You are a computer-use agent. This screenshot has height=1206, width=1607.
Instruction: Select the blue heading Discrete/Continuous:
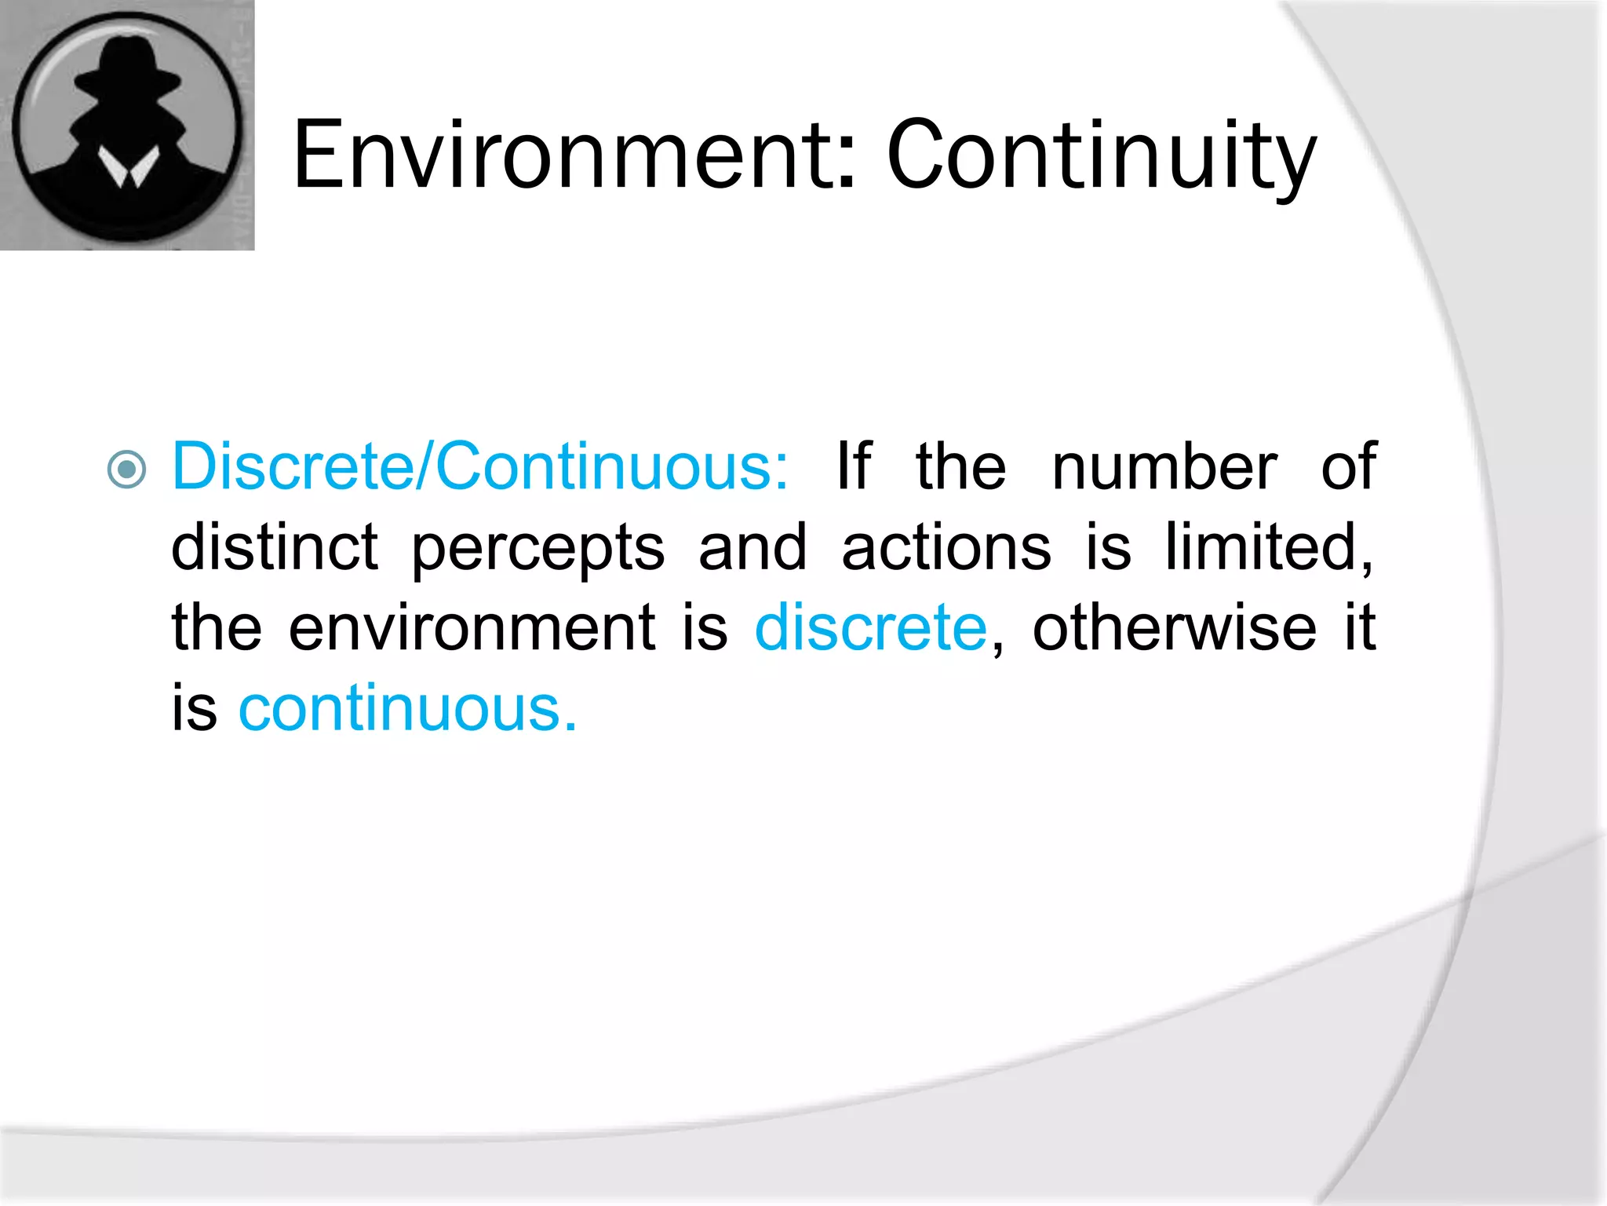point(479,466)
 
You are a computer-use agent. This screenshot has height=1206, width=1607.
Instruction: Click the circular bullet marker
point(127,470)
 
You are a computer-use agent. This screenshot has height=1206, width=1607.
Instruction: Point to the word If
point(854,466)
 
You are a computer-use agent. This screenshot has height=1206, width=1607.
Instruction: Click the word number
point(1164,466)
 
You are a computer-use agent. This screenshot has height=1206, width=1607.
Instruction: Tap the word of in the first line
point(1348,466)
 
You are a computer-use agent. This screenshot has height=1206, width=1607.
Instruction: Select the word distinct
point(275,547)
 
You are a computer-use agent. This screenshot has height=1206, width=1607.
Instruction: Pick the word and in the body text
point(752,547)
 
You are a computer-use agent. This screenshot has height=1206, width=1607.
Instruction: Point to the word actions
point(946,547)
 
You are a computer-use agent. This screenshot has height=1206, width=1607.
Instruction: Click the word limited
point(1267,547)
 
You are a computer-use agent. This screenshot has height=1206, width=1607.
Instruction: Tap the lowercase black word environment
point(472,628)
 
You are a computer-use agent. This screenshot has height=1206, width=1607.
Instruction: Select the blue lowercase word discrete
point(870,628)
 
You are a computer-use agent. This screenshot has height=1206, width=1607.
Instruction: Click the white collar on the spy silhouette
point(128,167)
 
